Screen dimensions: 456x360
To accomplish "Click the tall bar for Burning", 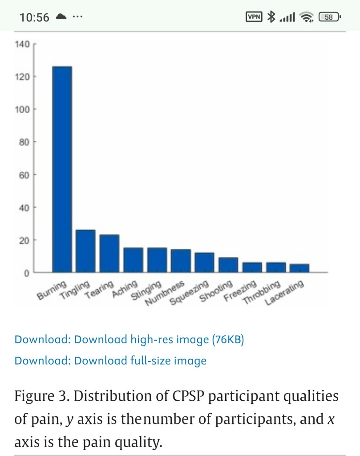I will (x=62, y=169).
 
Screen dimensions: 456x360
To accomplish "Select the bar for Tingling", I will (x=85, y=251).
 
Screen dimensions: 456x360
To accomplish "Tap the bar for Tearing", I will (x=109, y=253).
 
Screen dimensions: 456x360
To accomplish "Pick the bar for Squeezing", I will (x=204, y=262).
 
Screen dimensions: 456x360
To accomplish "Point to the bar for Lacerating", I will (x=299, y=268).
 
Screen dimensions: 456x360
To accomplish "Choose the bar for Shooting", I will (x=228, y=265).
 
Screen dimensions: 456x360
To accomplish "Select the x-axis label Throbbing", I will (x=262, y=293).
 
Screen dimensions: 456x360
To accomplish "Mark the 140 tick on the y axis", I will (x=23, y=44).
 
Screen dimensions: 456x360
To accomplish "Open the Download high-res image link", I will (x=129, y=340).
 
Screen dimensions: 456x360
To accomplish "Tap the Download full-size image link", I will (x=110, y=360).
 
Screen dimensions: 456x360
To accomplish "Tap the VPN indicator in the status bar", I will (x=254, y=17).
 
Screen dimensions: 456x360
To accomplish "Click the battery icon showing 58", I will (x=329, y=17).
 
